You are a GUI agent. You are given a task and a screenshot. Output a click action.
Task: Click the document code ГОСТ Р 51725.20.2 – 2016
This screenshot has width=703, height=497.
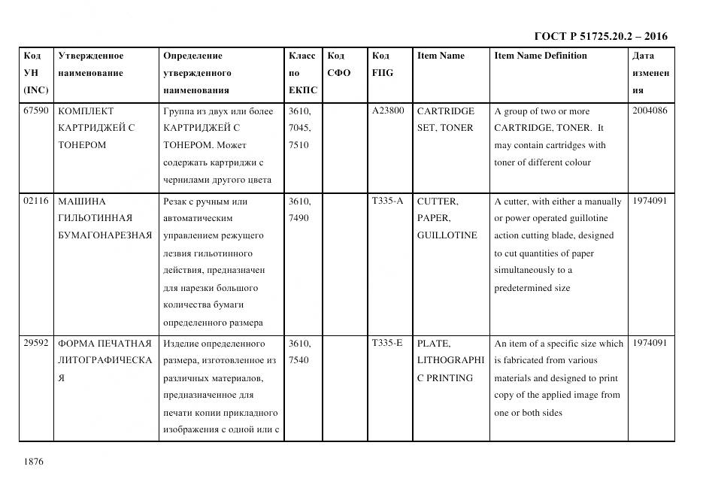click(x=601, y=36)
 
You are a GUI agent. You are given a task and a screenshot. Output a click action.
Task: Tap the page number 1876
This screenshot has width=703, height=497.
click(x=33, y=462)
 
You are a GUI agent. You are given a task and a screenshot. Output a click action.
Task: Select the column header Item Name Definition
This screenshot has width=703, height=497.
click(x=540, y=56)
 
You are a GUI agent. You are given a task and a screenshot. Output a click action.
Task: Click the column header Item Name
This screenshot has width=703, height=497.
click(x=441, y=56)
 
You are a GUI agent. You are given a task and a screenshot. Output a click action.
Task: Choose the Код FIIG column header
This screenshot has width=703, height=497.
click(x=382, y=64)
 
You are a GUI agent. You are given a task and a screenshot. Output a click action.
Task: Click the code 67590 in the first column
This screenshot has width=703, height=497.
click(x=36, y=111)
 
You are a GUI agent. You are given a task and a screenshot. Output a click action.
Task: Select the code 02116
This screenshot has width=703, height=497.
click(x=36, y=201)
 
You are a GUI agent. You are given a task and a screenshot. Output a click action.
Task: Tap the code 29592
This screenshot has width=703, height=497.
click(x=36, y=344)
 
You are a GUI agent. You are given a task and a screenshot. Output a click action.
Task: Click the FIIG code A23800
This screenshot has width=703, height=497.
click(x=388, y=111)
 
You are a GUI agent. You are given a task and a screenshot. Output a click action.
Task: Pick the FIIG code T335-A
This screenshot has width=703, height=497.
click(x=387, y=201)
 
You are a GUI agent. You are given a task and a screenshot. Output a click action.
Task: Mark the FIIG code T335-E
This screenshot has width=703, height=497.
click(x=387, y=344)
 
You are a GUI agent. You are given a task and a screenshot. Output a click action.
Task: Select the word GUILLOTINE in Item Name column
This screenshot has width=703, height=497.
click(x=447, y=235)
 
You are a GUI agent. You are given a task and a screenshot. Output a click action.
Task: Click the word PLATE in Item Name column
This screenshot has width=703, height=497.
click(x=433, y=344)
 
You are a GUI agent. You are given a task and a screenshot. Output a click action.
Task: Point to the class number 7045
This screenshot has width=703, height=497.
click(x=299, y=128)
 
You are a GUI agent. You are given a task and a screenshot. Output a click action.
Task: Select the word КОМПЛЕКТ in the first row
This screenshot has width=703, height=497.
click(x=85, y=111)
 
